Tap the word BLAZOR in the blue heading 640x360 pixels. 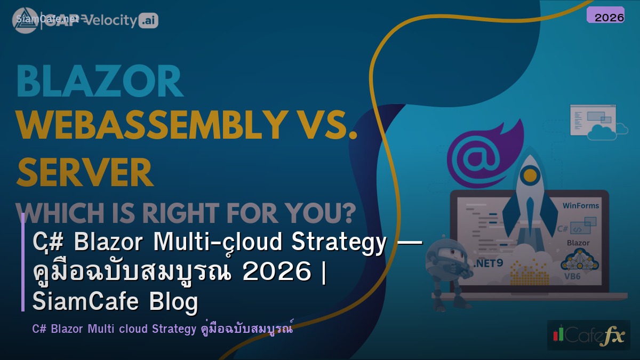(x=100, y=82)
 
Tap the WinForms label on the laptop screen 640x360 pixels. (x=581, y=205)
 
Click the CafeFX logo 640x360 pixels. (x=588, y=335)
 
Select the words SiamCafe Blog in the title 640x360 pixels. (x=115, y=302)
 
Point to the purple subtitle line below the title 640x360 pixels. (x=163, y=329)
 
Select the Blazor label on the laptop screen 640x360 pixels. (x=578, y=243)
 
